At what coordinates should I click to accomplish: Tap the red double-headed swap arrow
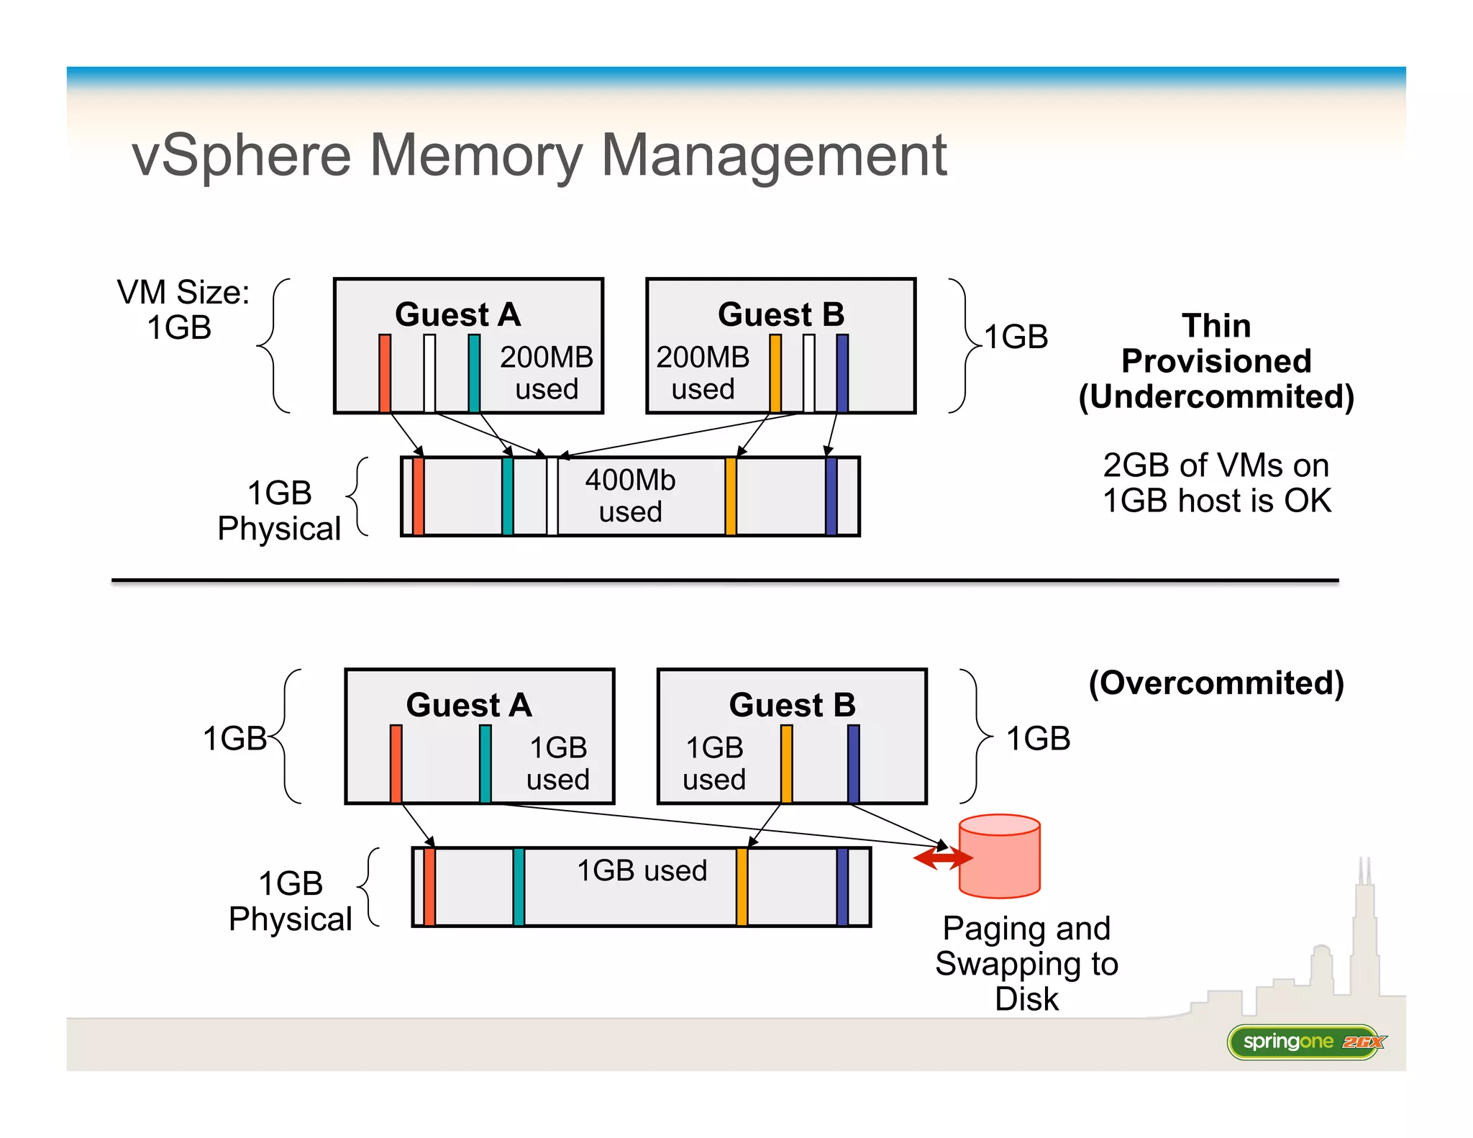click(x=942, y=857)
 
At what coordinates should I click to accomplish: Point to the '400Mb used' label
click(x=630, y=496)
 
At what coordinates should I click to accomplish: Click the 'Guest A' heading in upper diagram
click(x=457, y=314)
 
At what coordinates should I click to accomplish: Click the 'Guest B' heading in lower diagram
click(x=792, y=705)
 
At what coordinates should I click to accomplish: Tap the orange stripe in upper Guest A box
click(x=385, y=373)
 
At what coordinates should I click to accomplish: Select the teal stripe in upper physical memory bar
click(x=507, y=496)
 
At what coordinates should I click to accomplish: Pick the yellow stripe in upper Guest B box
click(x=775, y=373)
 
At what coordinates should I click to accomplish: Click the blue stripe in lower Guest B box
click(x=854, y=763)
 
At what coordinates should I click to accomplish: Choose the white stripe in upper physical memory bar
click(x=552, y=496)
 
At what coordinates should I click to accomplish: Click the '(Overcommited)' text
click(x=1216, y=683)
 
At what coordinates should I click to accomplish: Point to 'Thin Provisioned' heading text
click(x=1216, y=344)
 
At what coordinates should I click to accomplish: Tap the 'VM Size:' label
click(x=183, y=293)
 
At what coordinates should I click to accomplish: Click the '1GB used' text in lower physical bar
click(x=642, y=870)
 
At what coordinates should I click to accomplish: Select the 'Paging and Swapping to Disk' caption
click(x=1026, y=963)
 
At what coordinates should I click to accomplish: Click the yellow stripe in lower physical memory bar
click(x=742, y=887)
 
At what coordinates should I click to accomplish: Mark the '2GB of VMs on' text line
click(x=1216, y=465)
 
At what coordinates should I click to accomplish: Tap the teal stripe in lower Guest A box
click(x=485, y=763)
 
